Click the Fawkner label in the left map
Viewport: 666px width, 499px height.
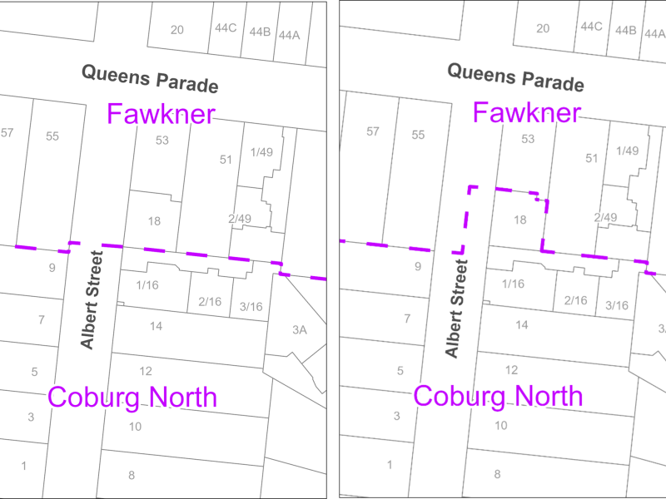(x=161, y=114)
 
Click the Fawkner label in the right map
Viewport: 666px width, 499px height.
(x=526, y=112)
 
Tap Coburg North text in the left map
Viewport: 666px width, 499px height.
(x=132, y=397)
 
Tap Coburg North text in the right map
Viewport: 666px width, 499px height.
(x=498, y=396)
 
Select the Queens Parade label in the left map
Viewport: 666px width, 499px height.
(x=150, y=79)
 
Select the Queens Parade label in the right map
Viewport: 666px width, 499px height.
(x=515, y=77)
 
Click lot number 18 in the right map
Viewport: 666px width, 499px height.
(x=520, y=220)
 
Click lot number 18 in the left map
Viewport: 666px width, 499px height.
(x=154, y=221)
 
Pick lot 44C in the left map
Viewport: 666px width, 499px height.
(x=226, y=28)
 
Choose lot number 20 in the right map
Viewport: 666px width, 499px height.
(x=543, y=29)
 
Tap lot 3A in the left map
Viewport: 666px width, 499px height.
(x=300, y=330)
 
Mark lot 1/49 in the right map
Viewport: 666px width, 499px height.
(x=627, y=151)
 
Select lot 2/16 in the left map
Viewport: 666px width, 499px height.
(x=210, y=302)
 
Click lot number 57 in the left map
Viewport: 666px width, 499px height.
(x=7, y=132)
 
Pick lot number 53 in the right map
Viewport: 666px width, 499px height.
(x=528, y=139)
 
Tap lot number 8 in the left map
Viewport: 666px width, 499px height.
(x=132, y=475)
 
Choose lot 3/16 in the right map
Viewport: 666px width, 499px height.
(x=617, y=305)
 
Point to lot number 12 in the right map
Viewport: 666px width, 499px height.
(x=511, y=370)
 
